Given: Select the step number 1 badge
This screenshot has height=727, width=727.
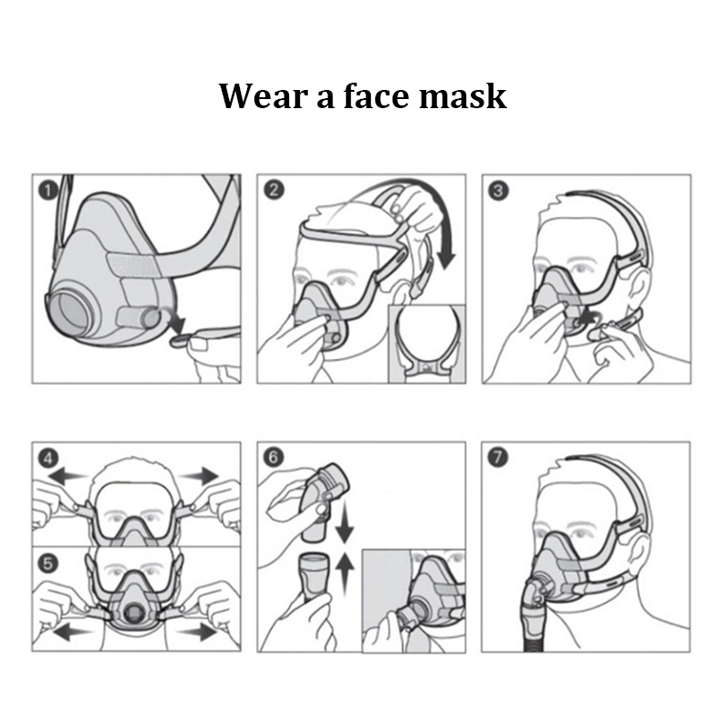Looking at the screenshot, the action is [x=48, y=191].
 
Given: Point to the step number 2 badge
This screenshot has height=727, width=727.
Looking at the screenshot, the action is [x=274, y=190].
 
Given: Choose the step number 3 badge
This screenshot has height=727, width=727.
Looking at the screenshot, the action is [x=498, y=191].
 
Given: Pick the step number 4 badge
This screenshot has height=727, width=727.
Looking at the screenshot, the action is [x=48, y=459].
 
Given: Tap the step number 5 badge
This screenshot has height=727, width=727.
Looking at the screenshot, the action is [x=48, y=563].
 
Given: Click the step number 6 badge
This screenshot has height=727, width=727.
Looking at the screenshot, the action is [x=274, y=457].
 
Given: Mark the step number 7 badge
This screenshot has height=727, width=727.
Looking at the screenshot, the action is [x=498, y=457].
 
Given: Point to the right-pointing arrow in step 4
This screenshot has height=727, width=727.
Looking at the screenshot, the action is [x=198, y=475].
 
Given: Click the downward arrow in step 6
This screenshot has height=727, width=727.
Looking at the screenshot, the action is [x=344, y=522].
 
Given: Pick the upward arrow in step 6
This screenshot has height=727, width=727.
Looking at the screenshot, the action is [x=344, y=574].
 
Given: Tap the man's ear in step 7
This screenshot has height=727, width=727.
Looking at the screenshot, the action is [x=639, y=558].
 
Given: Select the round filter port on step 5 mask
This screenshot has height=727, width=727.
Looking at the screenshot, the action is [x=134, y=615].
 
